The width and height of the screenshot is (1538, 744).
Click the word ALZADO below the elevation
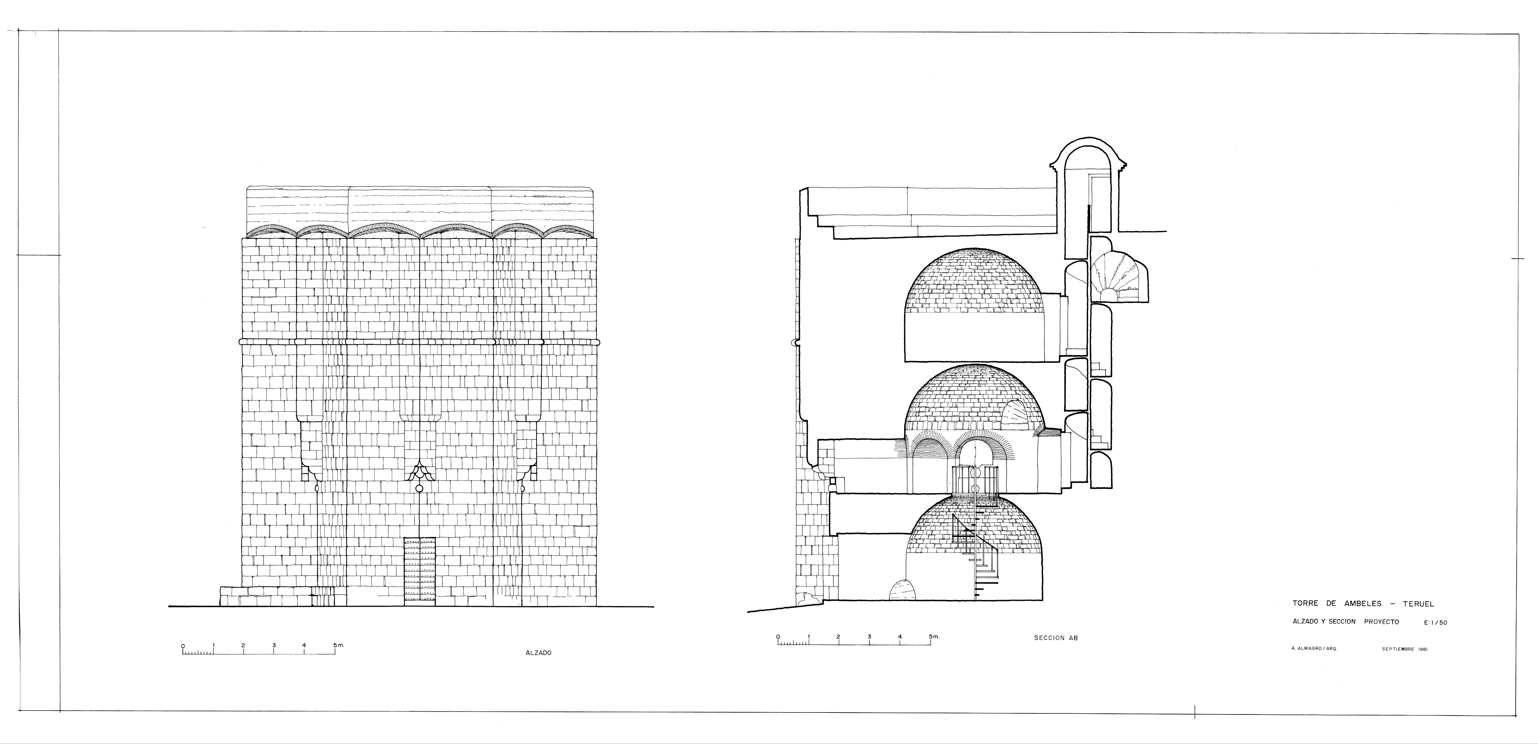[538, 653]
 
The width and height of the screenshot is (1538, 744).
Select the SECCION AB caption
[1056, 638]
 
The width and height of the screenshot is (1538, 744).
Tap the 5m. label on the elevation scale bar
[338, 645]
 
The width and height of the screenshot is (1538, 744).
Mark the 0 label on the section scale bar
[778, 637]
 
